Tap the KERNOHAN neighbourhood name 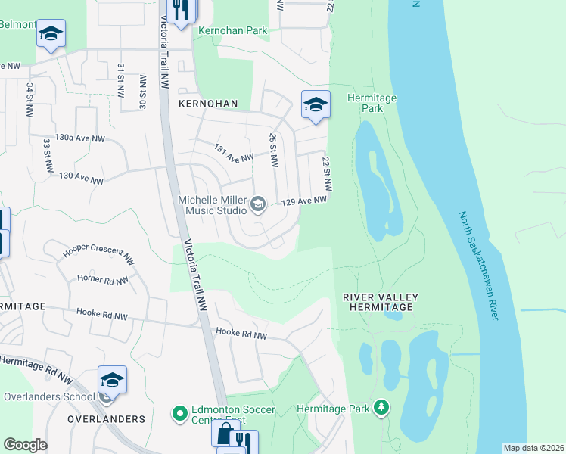[208, 103]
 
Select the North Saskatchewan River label [479, 265]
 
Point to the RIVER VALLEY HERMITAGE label [380, 302]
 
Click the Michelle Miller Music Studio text [212, 204]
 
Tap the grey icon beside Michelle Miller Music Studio [258, 204]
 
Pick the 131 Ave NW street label [233, 154]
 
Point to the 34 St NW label [30, 92]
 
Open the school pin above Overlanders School [112, 379]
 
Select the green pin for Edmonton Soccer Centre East [179, 414]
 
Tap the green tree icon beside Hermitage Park [382, 409]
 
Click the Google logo [25, 445]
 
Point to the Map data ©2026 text [533, 448]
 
